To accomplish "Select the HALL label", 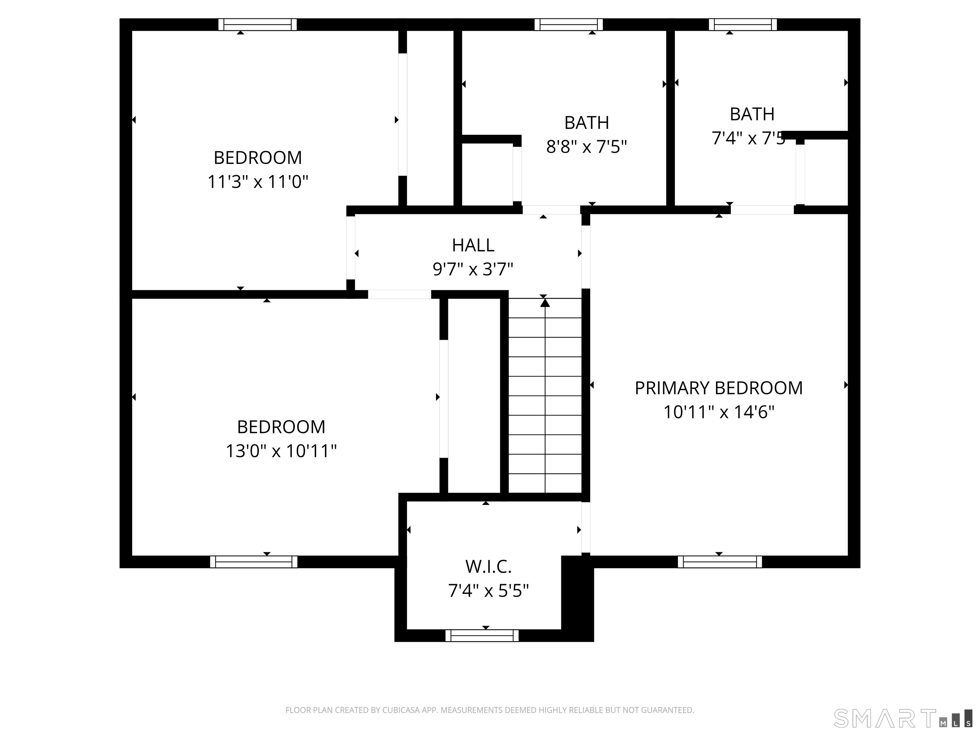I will pyautogui.click(x=473, y=245).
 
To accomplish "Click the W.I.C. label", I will pyautogui.click(x=488, y=567).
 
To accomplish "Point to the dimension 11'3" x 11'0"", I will pyautogui.click(x=257, y=182).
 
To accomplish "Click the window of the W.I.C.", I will pyautogui.click(x=482, y=635).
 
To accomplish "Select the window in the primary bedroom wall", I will pyautogui.click(x=719, y=562).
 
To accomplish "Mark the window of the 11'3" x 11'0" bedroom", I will pyautogui.click(x=257, y=24).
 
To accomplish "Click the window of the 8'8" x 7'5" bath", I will pyautogui.click(x=568, y=24).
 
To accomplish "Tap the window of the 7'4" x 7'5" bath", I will pyautogui.click(x=743, y=24).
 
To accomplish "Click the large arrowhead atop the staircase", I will pyautogui.click(x=545, y=303).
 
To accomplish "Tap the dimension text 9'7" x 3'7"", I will pyautogui.click(x=473, y=269).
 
